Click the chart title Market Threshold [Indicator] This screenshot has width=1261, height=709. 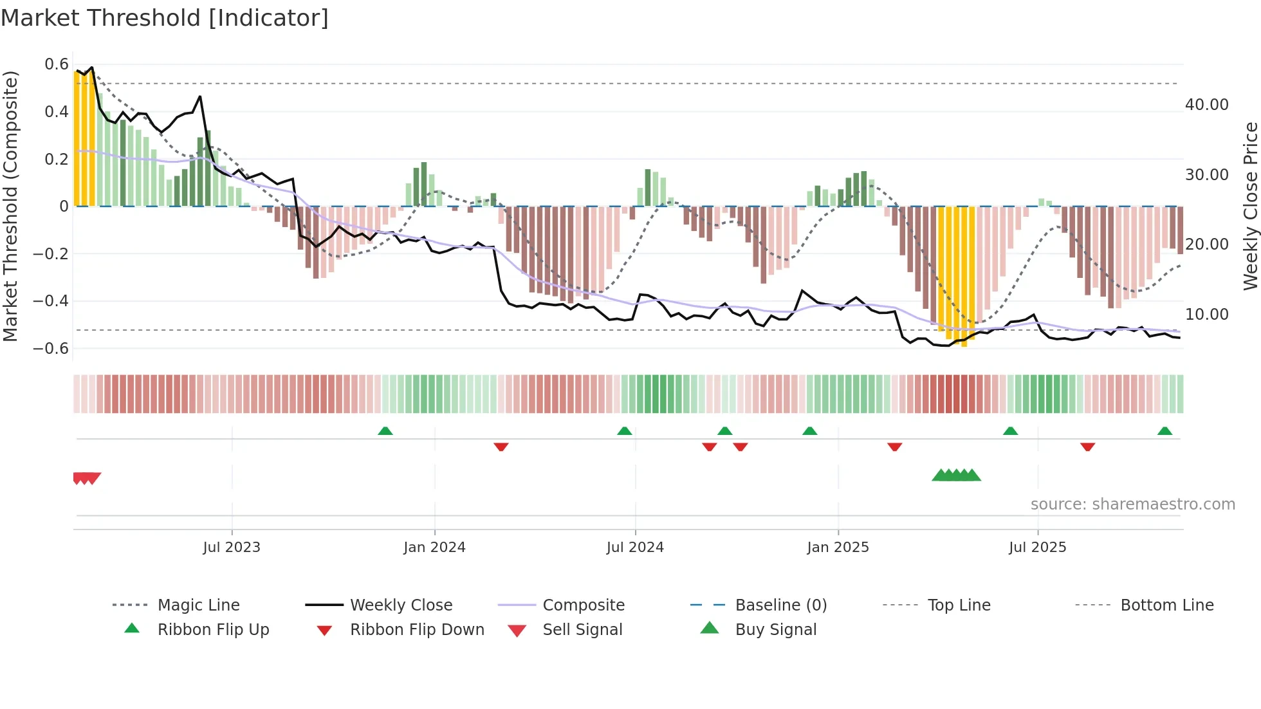pos(165,18)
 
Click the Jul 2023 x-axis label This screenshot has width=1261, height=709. pos(232,547)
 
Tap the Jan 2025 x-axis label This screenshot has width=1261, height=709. pos(838,547)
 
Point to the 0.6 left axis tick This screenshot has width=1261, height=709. pos(57,64)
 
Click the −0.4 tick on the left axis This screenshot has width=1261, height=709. pos(51,301)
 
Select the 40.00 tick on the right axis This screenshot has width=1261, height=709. pos(1206,105)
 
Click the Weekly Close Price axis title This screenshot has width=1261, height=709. pos(1250,206)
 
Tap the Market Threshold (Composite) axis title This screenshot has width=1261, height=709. pos(10,206)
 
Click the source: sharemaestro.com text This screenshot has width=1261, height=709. pos(1132,504)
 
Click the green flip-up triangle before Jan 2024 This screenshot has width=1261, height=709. pos(385,431)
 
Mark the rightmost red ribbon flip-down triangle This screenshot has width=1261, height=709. pos(1087,447)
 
